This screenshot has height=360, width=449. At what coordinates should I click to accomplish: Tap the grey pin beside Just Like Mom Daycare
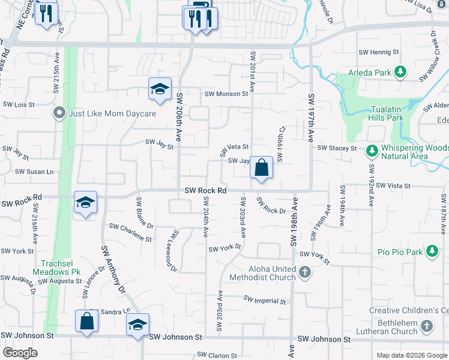[x=59, y=113]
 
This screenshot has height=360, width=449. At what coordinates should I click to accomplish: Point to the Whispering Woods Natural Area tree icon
[x=372, y=149]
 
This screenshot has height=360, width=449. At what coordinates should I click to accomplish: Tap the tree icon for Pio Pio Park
[x=432, y=251]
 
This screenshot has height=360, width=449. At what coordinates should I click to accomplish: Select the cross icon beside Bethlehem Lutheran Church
[x=427, y=327]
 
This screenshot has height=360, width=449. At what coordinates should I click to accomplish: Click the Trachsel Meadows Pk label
[x=61, y=268]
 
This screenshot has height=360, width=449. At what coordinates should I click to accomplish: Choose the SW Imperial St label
[x=265, y=299]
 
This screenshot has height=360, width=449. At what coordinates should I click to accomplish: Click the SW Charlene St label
[x=130, y=232]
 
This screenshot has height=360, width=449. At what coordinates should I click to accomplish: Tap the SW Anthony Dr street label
[x=113, y=269]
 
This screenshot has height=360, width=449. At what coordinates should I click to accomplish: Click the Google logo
[x=20, y=353]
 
